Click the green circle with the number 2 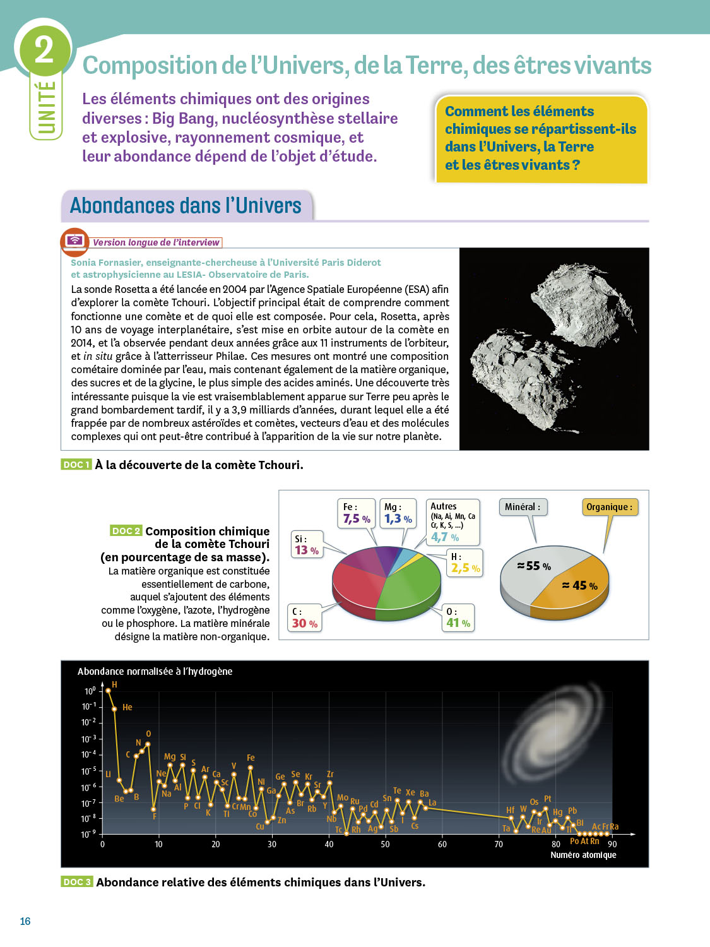click(44, 50)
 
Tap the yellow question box click(541, 138)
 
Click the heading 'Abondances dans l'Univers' click(186, 206)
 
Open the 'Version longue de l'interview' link click(156, 242)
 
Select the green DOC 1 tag click(76, 465)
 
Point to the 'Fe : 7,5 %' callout click(357, 513)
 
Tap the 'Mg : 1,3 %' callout click(398, 513)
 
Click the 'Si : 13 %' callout click(307, 545)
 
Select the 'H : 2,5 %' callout click(465, 563)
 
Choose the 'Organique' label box click(609, 507)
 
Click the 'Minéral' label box click(523, 507)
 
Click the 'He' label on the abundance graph click(127, 707)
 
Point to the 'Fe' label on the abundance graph click(251, 758)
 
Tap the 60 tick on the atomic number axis click(442, 844)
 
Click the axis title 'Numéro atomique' click(583, 855)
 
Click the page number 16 click(25, 921)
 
